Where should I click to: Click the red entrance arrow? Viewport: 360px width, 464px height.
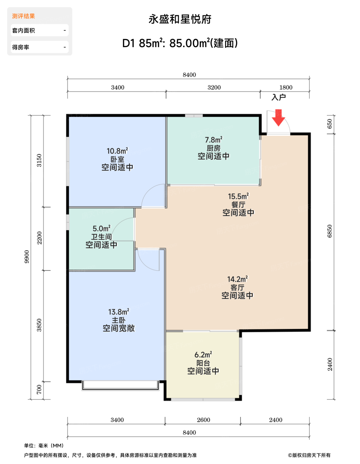(278, 118)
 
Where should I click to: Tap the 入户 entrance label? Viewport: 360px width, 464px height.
(279, 97)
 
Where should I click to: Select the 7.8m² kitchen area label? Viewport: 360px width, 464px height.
(214, 140)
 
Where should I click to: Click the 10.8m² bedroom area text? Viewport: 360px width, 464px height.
(117, 151)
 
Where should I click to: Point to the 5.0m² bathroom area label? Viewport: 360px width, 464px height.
(102, 228)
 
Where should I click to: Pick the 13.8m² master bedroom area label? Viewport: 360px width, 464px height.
(119, 312)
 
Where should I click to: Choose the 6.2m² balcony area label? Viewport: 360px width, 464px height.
(203, 355)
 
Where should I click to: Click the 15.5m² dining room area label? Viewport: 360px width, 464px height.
(238, 196)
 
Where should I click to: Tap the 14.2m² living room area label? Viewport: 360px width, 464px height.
(237, 279)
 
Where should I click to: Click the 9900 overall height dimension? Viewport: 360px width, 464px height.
(26, 257)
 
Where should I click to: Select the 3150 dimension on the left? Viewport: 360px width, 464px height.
(39, 160)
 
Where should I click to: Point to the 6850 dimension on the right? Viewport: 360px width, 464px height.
(330, 231)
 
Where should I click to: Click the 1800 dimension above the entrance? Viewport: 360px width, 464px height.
(286, 87)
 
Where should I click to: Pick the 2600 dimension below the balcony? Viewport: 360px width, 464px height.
(203, 420)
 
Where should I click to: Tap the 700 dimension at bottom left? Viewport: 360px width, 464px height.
(39, 389)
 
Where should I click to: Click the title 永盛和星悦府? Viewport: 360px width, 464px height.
(180, 19)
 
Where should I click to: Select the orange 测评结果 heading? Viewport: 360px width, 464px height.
(24, 16)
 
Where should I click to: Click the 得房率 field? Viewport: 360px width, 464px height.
(40, 47)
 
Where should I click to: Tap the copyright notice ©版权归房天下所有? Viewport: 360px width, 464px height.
(309, 455)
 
